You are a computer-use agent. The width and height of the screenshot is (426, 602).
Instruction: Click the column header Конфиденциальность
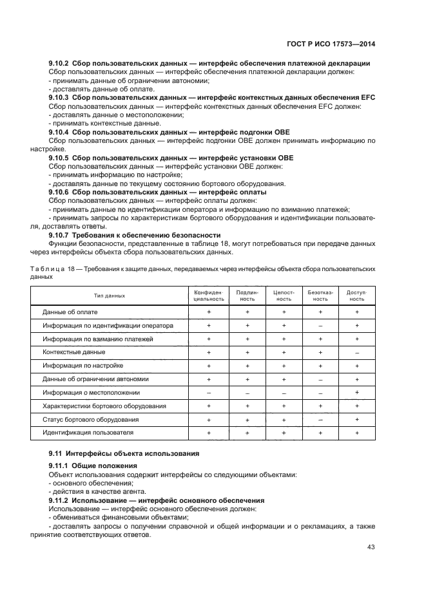coord(209,296)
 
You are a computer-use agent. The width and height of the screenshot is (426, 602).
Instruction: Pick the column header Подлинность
coord(247,296)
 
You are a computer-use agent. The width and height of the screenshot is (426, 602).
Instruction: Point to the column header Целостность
coord(284,296)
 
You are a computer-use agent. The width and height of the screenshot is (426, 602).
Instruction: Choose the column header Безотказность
coord(320,296)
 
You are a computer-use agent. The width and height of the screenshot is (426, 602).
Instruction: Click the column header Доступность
coord(356,296)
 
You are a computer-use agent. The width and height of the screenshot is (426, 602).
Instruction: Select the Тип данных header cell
coord(109,296)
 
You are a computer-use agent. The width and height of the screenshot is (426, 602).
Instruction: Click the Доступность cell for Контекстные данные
coord(356,352)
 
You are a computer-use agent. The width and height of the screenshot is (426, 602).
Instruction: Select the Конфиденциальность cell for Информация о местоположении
coord(209,392)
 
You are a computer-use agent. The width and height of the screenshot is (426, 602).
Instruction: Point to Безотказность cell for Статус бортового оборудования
coord(320,419)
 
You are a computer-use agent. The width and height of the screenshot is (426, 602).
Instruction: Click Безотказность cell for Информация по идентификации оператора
coord(320,326)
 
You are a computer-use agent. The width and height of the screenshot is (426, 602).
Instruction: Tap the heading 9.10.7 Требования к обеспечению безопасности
coord(135,235)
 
